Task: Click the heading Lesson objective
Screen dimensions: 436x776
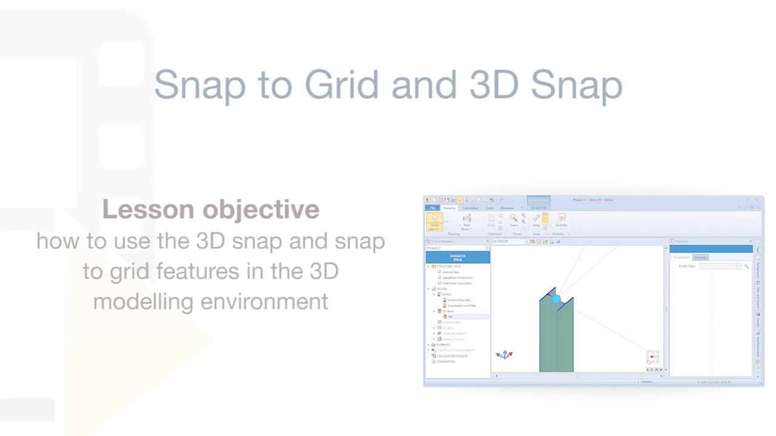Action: coord(210,210)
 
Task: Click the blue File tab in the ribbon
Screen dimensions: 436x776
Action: coord(432,208)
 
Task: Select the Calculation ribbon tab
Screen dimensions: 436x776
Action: coord(470,208)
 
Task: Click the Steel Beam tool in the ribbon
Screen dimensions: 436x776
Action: coord(466,222)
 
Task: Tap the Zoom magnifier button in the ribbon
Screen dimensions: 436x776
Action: coord(513,220)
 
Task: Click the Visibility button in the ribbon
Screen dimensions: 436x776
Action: coord(561,220)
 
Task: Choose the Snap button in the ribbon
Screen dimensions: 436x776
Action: coord(536,220)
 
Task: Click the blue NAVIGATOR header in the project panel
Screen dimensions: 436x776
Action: coord(458,258)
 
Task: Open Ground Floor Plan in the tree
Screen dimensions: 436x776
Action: coord(459,300)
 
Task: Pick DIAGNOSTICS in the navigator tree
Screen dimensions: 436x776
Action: coord(446,362)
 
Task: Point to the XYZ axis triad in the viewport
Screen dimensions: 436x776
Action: coord(504,354)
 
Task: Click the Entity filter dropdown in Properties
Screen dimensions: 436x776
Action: coord(720,266)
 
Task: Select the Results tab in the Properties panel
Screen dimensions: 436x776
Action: coord(700,257)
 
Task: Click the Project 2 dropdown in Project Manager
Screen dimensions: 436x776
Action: coord(458,248)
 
